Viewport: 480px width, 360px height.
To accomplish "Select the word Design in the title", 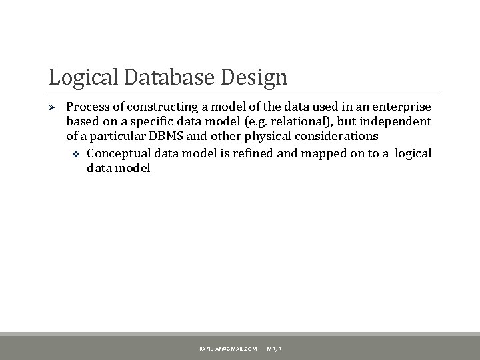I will tap(257, 77).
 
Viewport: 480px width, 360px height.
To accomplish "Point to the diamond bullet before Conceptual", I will tap(75, 154).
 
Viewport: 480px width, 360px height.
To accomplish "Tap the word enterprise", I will tap(401, 107).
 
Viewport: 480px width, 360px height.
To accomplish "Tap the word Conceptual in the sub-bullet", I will tap(119, 153).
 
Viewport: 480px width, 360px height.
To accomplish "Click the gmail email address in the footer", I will tap(227, 349).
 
